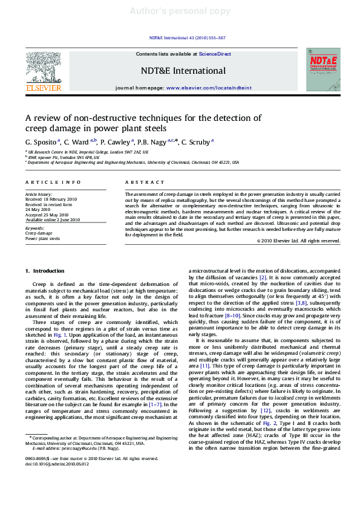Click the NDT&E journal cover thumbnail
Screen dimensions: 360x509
pos(322,70)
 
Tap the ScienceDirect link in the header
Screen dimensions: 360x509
pos(215,54)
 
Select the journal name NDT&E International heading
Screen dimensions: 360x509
pos(183,71)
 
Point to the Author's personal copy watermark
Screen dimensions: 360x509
pos(180,11)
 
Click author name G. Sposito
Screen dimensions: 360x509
pos(42,142)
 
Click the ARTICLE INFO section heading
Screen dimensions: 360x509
pos(53,182)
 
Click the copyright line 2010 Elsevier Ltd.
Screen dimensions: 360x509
pos(299,241)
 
